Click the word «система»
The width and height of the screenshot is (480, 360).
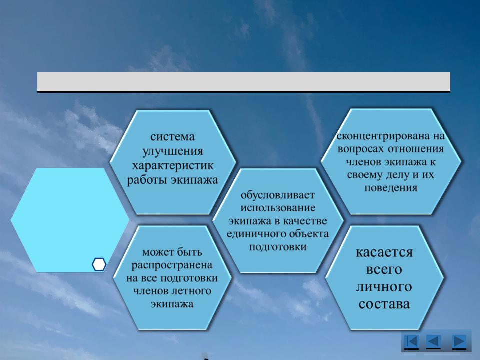(172, 137)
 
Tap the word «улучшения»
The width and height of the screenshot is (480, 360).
(173, 151)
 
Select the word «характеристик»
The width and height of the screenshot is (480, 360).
(173, 165)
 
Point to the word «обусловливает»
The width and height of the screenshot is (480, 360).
(278, 195)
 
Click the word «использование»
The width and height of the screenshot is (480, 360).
(278, 208)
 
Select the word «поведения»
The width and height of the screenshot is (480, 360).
(391, 188)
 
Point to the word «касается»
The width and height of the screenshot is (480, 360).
(384, 252)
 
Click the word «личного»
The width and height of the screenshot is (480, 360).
(384, 287)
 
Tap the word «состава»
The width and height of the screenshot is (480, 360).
(384, 304)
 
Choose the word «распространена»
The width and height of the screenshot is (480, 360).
(172, 265)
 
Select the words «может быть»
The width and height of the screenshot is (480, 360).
(172, 252)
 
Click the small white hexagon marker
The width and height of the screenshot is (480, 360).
(99, 264)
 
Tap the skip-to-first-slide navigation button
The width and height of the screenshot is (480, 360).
(411, 341)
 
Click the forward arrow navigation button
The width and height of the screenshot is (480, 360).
(459, 341)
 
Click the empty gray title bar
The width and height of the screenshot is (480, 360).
(243, 81)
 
